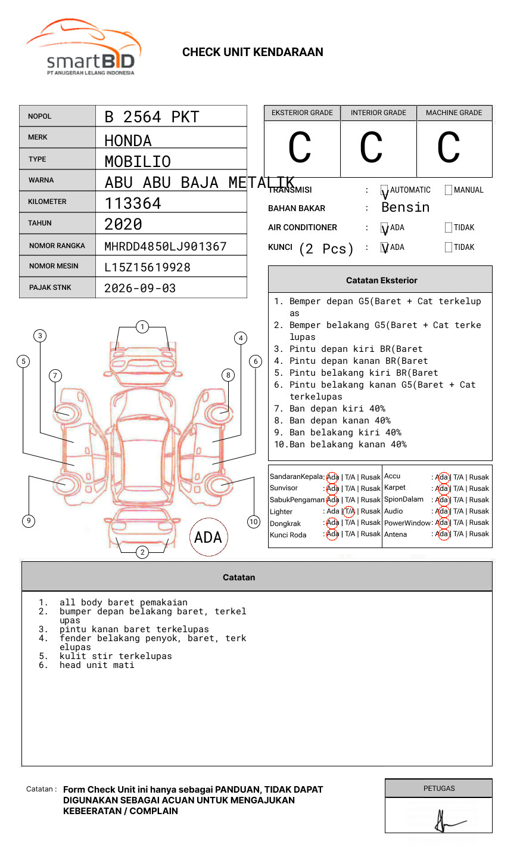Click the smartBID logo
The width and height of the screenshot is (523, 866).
[x=83, y=48]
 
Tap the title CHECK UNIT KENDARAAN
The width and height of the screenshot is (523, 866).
[x=253, y=52]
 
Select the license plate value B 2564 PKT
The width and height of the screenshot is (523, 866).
[x=152, y=117]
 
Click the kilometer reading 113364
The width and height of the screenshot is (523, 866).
[x=133, y=203]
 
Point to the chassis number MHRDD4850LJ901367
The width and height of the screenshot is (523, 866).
[x=166, y=246]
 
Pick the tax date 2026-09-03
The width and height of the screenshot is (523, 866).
[x=140, y=288]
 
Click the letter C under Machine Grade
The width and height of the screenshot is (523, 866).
[x=449, y=148]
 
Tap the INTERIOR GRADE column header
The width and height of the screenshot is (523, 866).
[x=378, y=113]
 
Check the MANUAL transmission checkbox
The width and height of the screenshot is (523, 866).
[x=449, y=190]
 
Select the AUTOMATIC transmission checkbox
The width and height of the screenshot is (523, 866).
[x=384, y=190]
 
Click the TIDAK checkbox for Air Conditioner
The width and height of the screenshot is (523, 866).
[x=449, y=228]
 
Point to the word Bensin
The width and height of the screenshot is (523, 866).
[x=405, y=208]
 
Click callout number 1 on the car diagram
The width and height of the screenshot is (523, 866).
[x=142, y=327]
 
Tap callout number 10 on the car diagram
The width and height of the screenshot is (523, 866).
[x=254, y=522]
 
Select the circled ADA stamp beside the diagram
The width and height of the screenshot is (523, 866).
[x=208, y=537]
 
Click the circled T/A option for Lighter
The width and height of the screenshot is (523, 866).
[x=349, y=511]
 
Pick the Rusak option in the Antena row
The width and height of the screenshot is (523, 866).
[x=479, y=534]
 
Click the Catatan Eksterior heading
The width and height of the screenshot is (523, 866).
[x=381, y=280]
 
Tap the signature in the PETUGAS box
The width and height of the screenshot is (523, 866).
[x=447, y=821]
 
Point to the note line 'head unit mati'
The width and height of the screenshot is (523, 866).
[x=96, y=665]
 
